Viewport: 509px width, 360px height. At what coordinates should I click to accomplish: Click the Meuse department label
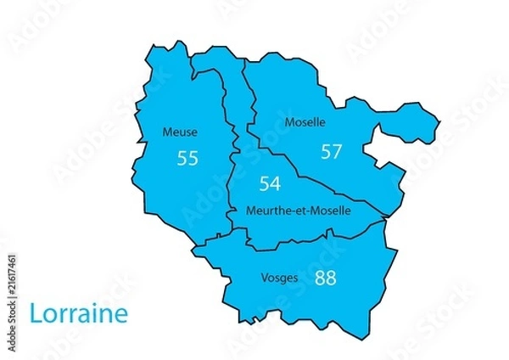click(x=180, y=132)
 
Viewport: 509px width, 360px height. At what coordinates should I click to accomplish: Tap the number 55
click(x=187, y=158)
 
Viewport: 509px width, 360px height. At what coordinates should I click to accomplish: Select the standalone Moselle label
click(x=305, y=122)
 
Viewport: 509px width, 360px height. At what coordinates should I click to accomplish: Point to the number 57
click(x=331, y=152)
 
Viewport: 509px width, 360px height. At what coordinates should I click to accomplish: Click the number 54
click(x=270, y=183)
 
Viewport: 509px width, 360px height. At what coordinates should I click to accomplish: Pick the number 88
click(x=325, y=278)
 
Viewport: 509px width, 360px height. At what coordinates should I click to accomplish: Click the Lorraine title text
click(x=78, y=313)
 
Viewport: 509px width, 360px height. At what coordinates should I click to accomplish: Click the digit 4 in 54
click(x=275, y=183)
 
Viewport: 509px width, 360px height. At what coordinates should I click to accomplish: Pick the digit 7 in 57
click(x=337, y=152)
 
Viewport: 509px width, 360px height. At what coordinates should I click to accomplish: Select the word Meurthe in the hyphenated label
click(x=264, y=210)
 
